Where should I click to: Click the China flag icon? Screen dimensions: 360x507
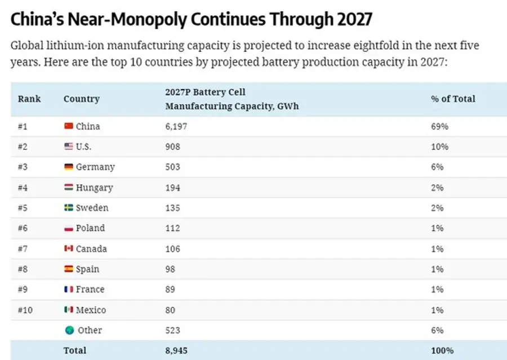point(69,126)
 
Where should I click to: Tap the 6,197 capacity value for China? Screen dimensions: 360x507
point(176,126)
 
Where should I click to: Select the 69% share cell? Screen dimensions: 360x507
point(439,126)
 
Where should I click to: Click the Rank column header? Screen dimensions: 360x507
point(29,99)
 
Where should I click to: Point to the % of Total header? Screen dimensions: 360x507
point(453,99)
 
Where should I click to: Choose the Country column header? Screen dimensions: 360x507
point(81,99)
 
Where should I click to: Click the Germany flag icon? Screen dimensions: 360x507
point(69,167)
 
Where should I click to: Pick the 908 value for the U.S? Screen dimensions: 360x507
point(172,146)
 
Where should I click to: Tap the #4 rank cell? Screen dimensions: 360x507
point(23,188)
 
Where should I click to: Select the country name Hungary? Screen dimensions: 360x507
point(94,188)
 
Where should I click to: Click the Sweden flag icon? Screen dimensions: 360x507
point(69,208)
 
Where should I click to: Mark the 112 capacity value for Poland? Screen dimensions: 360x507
point(172,228)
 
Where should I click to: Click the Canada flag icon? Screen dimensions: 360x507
point(69,248)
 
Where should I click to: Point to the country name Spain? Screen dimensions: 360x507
point(87,269)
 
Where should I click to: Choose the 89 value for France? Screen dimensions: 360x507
point(170,290)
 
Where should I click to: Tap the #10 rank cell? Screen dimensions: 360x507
point(25,310)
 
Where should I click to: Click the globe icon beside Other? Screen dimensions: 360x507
point(69,330)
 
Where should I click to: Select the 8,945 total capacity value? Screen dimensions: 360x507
point(176,350)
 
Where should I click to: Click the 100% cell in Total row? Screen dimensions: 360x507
point(442,350)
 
